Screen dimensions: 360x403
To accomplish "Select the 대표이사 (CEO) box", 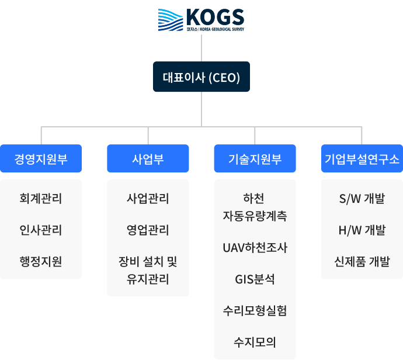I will (x=201, y=77).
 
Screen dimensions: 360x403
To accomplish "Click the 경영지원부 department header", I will (x=41, y=159).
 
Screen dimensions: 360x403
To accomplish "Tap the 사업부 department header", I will (x=148, y=159).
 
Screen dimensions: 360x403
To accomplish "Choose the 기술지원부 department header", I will (x=255, y=159).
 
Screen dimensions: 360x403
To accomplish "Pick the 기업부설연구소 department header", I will (x=362, y=159).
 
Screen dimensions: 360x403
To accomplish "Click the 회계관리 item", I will (x=41, y=199).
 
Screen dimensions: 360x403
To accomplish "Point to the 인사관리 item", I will (x=41, y=230).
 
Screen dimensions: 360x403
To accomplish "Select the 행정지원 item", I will (x=41, y=261).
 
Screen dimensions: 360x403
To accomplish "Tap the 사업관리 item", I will (x=148, y=199).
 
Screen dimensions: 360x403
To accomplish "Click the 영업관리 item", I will (x=148, y=230).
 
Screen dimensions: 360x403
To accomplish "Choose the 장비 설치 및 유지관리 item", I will (x=148, y=270).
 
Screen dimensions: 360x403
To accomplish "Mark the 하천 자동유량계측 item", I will (x=255, y=207).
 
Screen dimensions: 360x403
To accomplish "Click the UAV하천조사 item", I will (x=255, y=247).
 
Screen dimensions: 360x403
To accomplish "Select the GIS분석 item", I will (x=255, y=279).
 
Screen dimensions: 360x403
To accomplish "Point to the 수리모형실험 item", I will (x=255, y=310).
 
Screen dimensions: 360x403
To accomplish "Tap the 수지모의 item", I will (x=255, y=341).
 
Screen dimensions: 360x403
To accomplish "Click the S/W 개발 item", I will (x=362, y=199).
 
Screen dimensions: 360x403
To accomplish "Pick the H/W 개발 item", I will (x=362, y=230).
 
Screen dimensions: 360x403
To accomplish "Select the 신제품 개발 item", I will (x=362, y=261).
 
